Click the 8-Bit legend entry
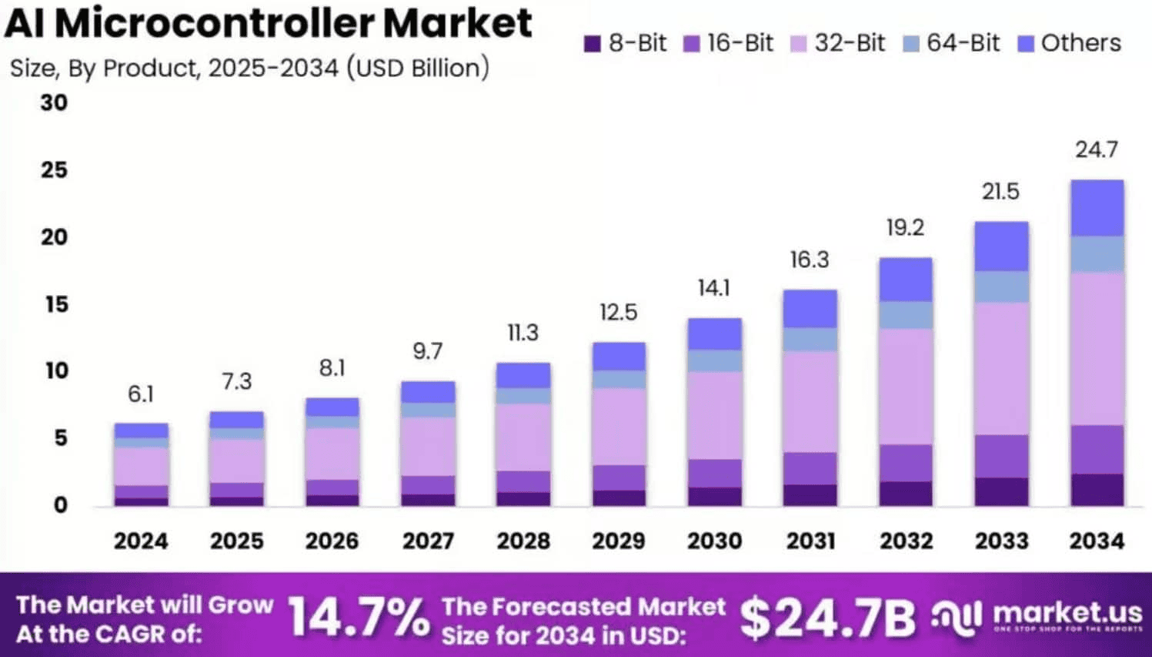(626, 43)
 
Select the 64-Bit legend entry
(952, 43)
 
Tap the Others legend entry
(1070, 43)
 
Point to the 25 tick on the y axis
(54, 170)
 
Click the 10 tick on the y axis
(55, 371)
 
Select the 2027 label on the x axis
(428, 541)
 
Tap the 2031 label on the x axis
(810, 541)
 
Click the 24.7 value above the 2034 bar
(1097, 149)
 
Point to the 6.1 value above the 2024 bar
(141, 394)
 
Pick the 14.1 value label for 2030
(714, 288)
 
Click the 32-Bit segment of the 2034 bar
(1097, 348)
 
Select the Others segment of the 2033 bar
(1001, 246)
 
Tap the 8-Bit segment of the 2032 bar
(906, 494)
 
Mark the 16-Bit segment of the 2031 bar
(810, 468)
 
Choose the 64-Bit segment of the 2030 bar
(714, 360)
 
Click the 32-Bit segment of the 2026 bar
(332, 454)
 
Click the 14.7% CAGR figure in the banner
(359, 618)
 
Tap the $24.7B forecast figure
(827, 618)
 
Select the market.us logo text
(1067, 613)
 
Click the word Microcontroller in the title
(215, 23)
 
